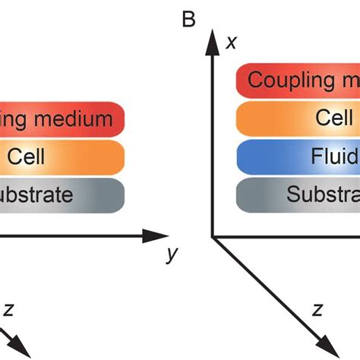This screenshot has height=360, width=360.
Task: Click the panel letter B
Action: click(x=188, y=19)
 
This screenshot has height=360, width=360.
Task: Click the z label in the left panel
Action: click(x=10, y=309)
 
